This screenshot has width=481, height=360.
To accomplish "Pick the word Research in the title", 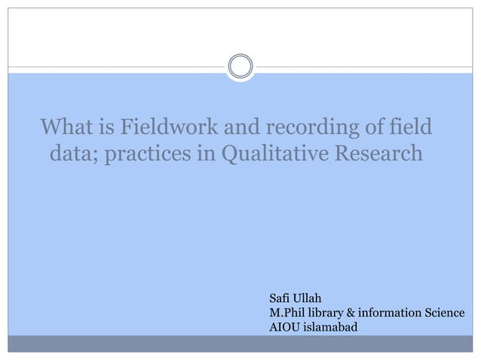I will pyautogui.click(x=376, y=155).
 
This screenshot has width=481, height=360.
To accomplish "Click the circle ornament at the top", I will pyautogui.click(x=240, y=66).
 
